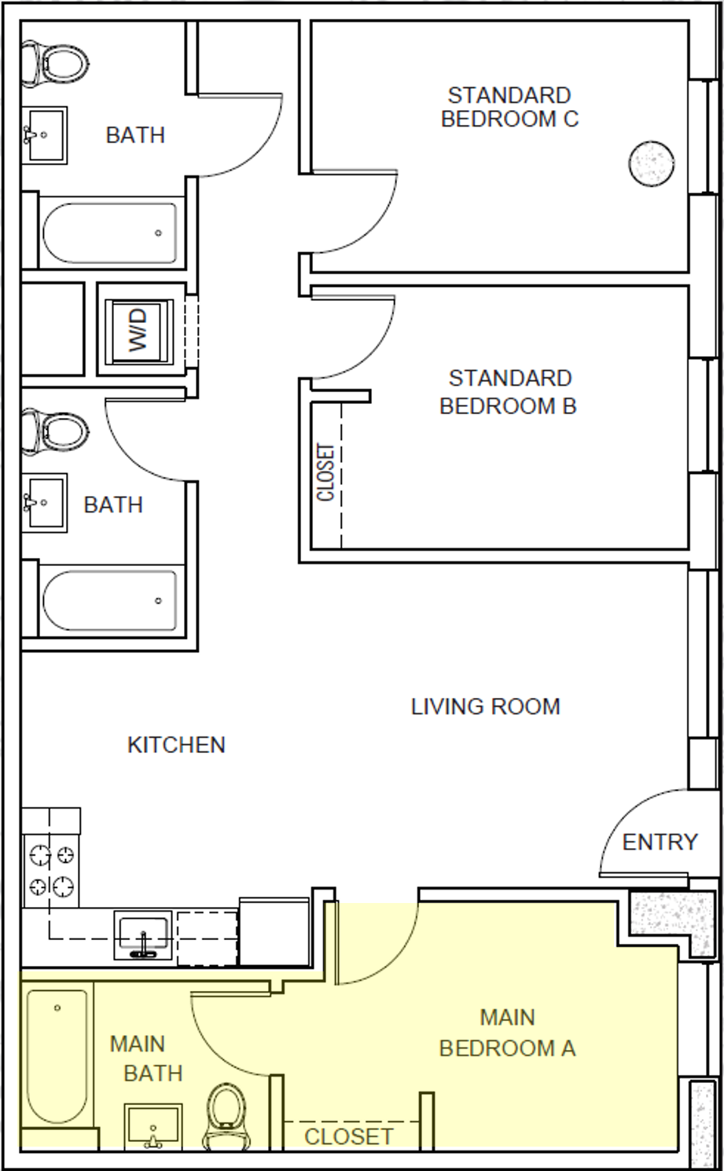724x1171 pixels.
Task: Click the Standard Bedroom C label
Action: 509,107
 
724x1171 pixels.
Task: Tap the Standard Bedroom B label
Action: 509,392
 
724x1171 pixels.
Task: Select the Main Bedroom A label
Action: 507,1033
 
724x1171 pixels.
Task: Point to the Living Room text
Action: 485,707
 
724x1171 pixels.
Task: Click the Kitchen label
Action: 176,744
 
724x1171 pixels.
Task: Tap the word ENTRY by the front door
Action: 660,842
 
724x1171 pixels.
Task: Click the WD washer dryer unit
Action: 138,330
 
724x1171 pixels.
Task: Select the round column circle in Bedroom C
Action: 651,163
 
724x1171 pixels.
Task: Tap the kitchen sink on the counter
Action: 144,935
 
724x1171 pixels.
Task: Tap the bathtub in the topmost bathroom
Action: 110,233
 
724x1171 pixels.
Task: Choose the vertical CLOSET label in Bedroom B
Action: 325,472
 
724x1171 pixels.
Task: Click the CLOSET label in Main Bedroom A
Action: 348,1136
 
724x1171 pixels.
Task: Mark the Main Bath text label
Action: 146,1059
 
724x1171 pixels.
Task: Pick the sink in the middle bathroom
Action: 44,501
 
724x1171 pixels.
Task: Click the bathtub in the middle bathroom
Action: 110,600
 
